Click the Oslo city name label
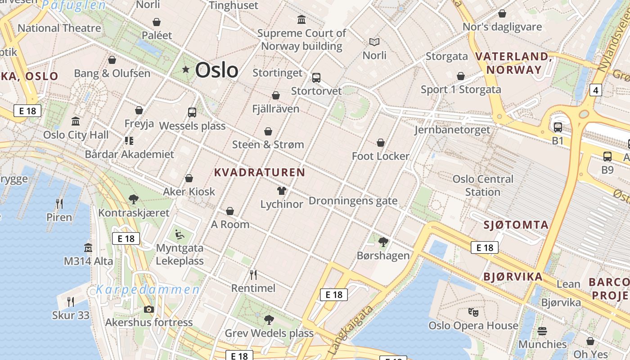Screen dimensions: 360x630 216,70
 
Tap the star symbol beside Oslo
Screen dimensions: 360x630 185,69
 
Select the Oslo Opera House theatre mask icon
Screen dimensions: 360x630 473,311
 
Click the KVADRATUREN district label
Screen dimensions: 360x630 260,172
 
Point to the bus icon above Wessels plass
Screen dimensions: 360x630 192,112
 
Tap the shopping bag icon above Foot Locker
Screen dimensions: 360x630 381,143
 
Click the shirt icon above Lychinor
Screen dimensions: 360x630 282,191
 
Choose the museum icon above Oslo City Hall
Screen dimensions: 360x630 76,121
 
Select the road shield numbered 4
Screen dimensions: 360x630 596,90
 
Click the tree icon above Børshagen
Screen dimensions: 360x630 383,242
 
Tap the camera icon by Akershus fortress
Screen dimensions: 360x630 148,309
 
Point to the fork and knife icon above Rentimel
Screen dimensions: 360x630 253,274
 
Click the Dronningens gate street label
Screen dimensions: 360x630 353,201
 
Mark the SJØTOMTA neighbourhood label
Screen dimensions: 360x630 516,225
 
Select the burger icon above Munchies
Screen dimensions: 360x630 542,331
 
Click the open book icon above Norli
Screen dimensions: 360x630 374,42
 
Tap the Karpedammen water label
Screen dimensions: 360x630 148,289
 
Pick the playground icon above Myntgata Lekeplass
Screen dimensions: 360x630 179,234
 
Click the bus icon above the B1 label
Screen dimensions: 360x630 558,127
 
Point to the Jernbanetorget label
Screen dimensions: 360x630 452,130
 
